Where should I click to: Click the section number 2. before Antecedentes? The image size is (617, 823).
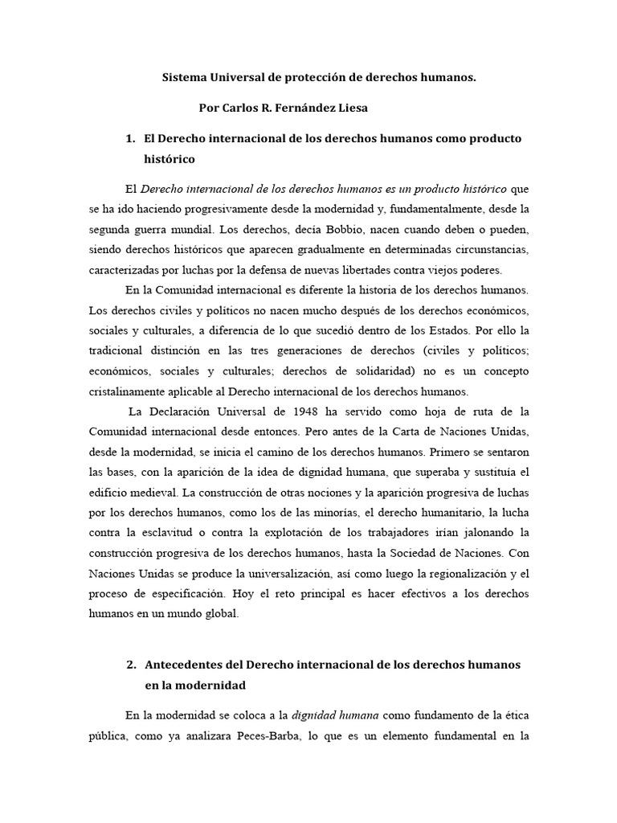132,665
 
